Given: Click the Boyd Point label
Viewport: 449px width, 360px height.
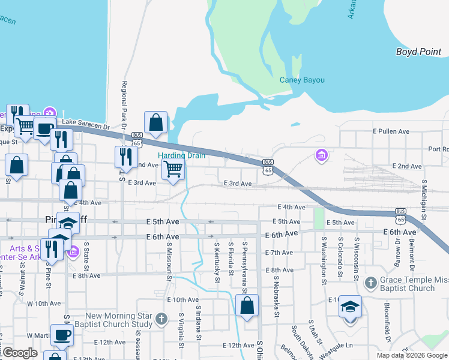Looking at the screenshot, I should coord(418,52).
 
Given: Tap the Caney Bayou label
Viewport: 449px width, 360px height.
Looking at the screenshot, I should coord(302,80).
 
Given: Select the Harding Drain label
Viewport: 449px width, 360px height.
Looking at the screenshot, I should coord(181,155).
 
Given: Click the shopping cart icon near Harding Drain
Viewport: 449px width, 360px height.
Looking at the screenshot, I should coord(173,169).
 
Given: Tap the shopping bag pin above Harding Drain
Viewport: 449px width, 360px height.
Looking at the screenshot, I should coord(156,122).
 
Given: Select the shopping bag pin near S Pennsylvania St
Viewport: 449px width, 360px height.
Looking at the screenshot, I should coord(247,305).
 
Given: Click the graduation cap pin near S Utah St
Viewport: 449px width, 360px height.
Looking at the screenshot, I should coord(350,307).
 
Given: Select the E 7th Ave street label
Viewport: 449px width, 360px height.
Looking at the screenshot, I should coord(279,253).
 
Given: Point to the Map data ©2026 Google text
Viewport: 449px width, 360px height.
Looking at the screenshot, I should coord(411,355).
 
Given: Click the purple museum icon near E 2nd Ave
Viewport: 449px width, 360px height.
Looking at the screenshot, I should coord(322,156).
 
